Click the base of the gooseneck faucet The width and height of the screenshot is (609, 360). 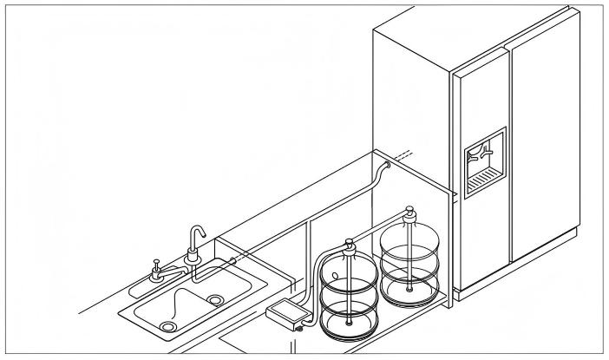pyautogui.click(x=192, y=258)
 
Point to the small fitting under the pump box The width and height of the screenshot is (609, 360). pyautogui.click(x=298, y=329)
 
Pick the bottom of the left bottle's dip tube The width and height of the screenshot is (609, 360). pyautogui.click(x=350, y=324)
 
